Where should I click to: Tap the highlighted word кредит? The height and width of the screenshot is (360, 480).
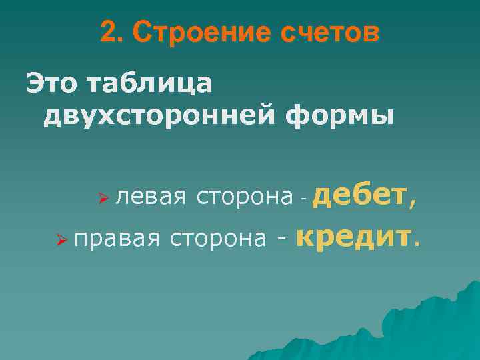353,236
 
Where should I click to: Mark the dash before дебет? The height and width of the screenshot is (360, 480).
303,198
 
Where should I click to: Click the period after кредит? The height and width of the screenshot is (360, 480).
418,244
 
